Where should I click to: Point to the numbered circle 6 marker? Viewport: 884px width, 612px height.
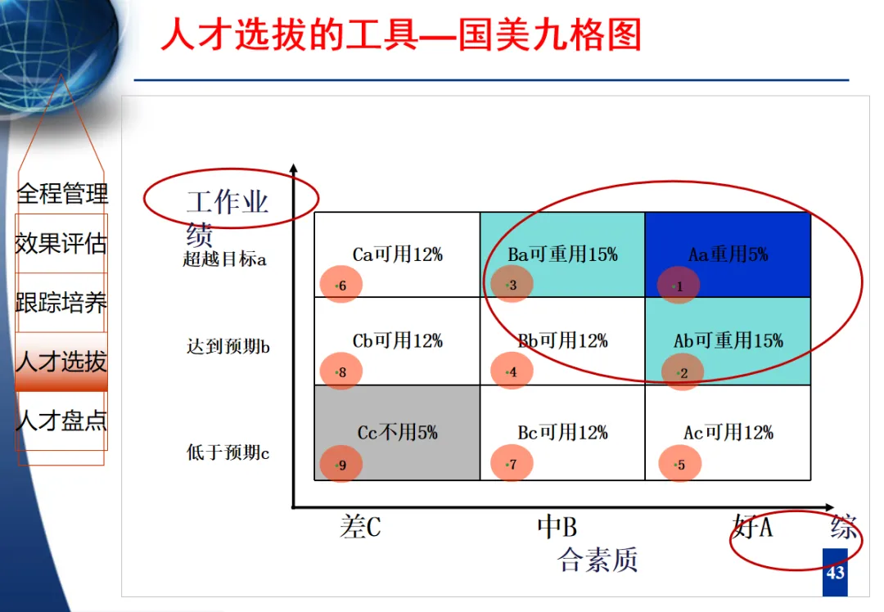(341, 285)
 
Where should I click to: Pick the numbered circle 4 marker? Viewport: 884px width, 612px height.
(512, 371)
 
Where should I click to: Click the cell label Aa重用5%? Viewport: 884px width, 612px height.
(728, 254)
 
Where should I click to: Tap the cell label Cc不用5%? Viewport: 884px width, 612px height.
(397, 432)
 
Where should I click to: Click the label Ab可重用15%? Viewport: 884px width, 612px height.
(728, 340)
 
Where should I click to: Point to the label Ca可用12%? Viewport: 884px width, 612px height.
(397, 254)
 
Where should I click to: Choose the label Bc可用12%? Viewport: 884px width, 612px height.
(562, 432)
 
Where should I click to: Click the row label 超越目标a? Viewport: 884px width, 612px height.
(224, 260)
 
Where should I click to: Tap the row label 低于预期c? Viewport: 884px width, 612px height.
(228, 452)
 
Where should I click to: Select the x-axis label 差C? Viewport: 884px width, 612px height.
(360, 527)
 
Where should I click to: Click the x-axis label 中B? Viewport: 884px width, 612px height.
(557, 527)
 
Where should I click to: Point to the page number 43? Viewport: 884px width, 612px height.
(835, 573)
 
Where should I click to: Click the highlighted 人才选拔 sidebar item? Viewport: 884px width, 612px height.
(61, 362)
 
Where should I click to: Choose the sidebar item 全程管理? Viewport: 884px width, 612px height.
(62, 194)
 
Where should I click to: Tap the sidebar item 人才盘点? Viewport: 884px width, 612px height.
(61, 421)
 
